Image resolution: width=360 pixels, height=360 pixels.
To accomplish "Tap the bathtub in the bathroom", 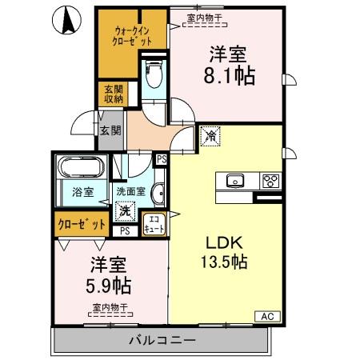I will pyautogui.click(x=81, y=169).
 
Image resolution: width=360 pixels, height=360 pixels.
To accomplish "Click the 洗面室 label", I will pyautogui.click(x=130, y=192).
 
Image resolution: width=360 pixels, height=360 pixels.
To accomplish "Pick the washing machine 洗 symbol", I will pyautogui.click(x=125, y=212).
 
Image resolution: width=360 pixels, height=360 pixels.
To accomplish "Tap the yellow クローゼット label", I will pyautogui.click(x=81, y=224).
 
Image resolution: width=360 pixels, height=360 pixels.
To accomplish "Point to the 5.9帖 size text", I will pyautogui.click(x=106, y=284).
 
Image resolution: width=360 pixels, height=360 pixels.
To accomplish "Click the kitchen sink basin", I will pyautogui.click(x=236, y=180).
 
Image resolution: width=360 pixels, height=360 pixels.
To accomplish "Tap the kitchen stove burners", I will pyautogui.click(x=270, y=179).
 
